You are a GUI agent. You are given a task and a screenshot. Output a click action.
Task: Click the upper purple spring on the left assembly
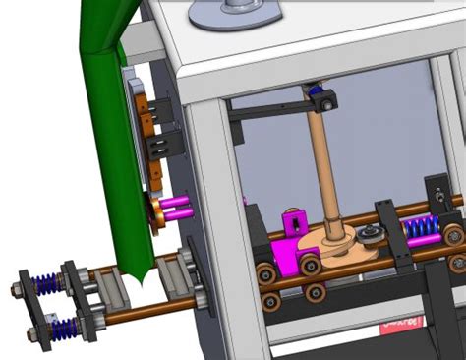pos(45,282)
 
